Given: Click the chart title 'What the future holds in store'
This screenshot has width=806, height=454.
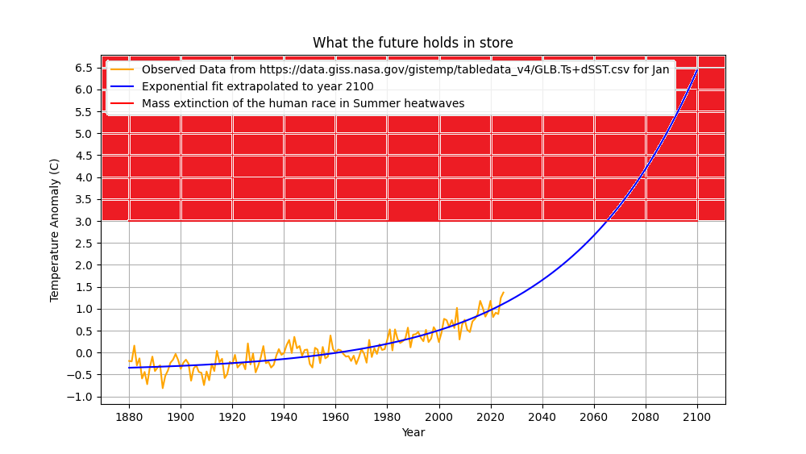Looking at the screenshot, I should tap(413, 44).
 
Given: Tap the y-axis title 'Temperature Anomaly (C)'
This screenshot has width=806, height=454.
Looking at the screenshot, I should tap(55, 230).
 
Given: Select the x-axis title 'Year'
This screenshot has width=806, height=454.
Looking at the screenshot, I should tap(413, 433).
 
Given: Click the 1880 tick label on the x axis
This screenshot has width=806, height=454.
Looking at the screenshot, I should tap(129, 416).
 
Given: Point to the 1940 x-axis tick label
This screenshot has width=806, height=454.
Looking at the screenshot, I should tap(284, 416).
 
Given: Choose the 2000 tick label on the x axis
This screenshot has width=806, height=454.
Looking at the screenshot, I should tap(438, 416).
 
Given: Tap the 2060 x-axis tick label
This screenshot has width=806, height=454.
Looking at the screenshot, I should tap(594, 416).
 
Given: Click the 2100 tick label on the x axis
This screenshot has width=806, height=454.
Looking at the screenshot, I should tap(697, 416).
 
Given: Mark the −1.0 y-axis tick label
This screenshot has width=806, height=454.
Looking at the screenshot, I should tap(81, 398).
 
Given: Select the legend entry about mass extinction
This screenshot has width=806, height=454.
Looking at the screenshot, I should tap(303, 103).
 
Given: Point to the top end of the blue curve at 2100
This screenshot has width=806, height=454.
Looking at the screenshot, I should tap(697, 69).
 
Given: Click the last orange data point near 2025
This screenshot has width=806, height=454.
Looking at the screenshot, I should tap(504, 293).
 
